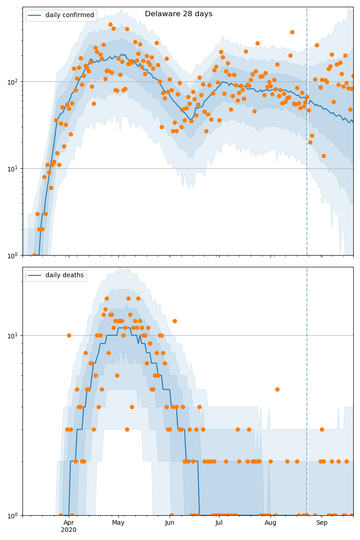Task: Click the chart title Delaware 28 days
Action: pyautogui.click(x=179, y=14)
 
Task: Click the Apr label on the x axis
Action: pyautogui.click(x=68, y=522)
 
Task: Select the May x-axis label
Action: pyautogui.click(x=118, y=522)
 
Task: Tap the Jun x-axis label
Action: pyautogui.click(x=170, y=522)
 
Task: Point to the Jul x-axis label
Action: pyautogui.click(x=219, y=522)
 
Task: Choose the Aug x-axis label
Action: pyautogui.click(x=270, y=522)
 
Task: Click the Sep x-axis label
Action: pyautogui.click(x=322, y=522)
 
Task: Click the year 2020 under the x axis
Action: pyautogui.click(x=68, y=530)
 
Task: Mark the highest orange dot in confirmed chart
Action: pyautogui.click(x=110, y=25)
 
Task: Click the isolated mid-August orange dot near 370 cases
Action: pyautogui.click(x=292, y=32)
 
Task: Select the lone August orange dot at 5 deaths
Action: pyautogui.click(x=277, y=389)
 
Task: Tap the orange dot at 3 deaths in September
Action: pyautogui.click(x=322, y=429)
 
